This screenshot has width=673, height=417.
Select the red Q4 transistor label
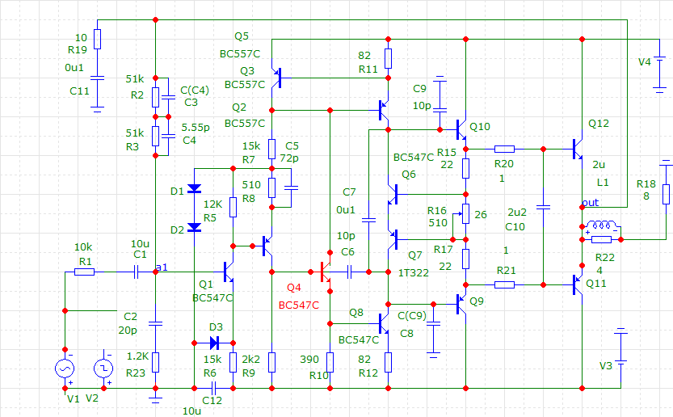(x=293, y=288)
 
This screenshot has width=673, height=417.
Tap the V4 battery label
(x=645, y=61)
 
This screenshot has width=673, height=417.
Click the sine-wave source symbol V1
(x=64, y=369)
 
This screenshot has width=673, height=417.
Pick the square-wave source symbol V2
(x=103, y=369)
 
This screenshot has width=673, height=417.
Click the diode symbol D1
(x=194, y=189)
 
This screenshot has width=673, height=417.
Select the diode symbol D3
(x=213, y=342)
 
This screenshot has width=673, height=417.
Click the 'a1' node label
(x=163, y=267)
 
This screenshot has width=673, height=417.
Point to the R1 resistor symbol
(x=84, y=272)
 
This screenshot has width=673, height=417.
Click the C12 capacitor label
(x=212, y=400)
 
